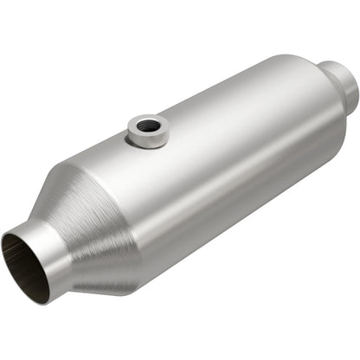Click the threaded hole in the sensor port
[x=149, y=125]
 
